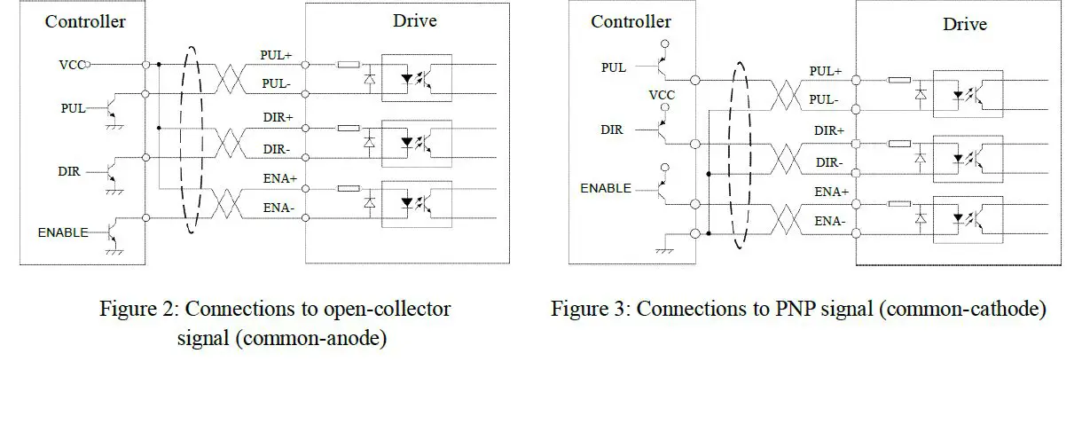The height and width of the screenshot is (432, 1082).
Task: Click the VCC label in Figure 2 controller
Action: coord(72,64)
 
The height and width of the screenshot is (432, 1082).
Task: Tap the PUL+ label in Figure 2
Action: coord(276,55)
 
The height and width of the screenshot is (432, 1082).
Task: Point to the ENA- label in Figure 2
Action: coord(278,208)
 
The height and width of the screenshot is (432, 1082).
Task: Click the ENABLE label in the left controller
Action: coord(62,232)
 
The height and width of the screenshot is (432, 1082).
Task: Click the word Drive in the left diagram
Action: coord(414,20)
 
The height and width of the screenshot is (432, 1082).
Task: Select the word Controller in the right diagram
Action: coord(631,21)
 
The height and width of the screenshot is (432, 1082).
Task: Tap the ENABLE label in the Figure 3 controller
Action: coord(606,188)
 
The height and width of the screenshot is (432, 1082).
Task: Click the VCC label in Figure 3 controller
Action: coord(662,95)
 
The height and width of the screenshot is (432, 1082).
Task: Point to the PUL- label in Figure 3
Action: coord(823,100)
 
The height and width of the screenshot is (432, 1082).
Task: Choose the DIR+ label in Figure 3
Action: coord(828,130)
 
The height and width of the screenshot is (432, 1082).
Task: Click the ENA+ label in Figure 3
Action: coord(831,192)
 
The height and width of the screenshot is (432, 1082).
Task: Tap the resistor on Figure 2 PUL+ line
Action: coord(349,64)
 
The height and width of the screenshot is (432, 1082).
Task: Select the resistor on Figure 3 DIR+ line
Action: coord(899,142)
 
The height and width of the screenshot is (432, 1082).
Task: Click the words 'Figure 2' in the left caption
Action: coord(137,310)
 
